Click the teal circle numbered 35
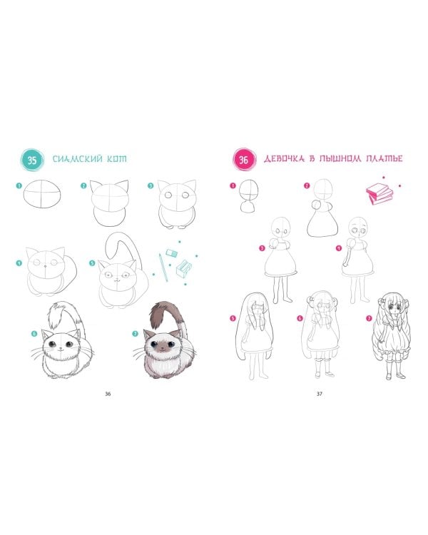pos(32,160)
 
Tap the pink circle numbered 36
pos(243,159)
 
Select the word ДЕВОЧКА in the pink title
pos(284,158)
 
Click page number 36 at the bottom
pos(108,394)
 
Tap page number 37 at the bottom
pos(319,394)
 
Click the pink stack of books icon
pos(379,194)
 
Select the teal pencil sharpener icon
pos(184,267)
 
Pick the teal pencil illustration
pos(163,267)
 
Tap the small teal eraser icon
pos(172,253)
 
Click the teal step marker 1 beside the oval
pos(19,186)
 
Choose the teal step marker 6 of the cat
pos(34,334)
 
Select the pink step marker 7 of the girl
pos(369,318)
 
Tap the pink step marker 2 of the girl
pos(307,185)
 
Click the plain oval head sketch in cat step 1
pos(43,193)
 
